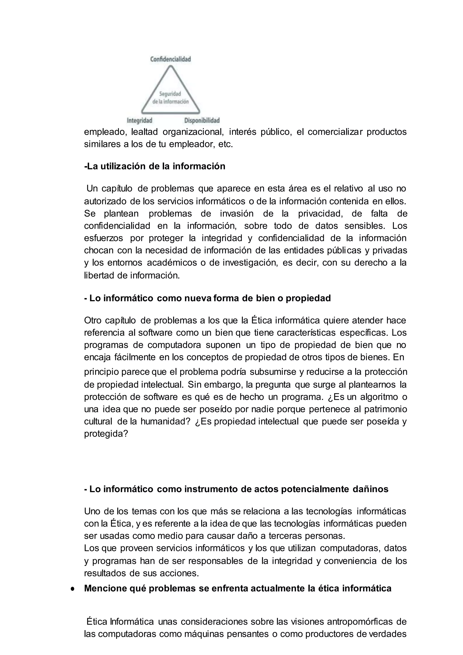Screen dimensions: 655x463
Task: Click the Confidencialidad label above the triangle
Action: pyautogui.click(x=170, y=59)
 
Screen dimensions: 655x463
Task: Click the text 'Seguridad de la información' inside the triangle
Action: pyautogui.click(x=170, y=97)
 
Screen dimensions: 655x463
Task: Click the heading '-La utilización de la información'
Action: pyautogui.click(x=155, y=166)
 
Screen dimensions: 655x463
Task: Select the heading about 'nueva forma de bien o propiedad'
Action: pyautogui.click(x=208, y=298)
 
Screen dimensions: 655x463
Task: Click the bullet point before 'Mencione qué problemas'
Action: pyautogui.click(x=73, y=589)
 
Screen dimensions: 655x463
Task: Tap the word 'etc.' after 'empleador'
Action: pyautogui.click(x=226, y=144)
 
